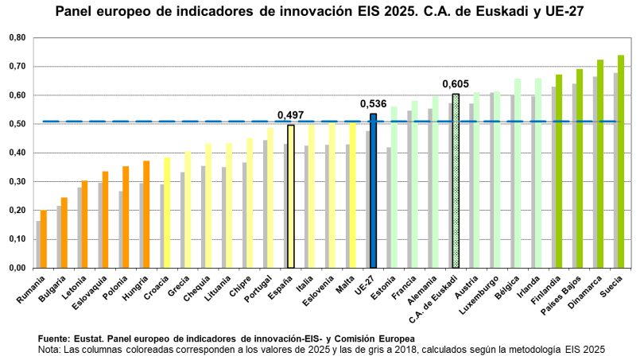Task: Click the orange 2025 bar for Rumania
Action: click(x=44, y=238)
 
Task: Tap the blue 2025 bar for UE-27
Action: click(x=373, y=191)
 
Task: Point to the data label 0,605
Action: click(x=456, y=84)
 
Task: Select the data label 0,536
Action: click(x=373, y=104)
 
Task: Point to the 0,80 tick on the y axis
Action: click(x=17, y=37)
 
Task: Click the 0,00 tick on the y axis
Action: click(x=17, y=268)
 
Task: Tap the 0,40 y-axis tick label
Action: click(x=17, y=153)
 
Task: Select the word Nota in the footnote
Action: click(x=49, y=348)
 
